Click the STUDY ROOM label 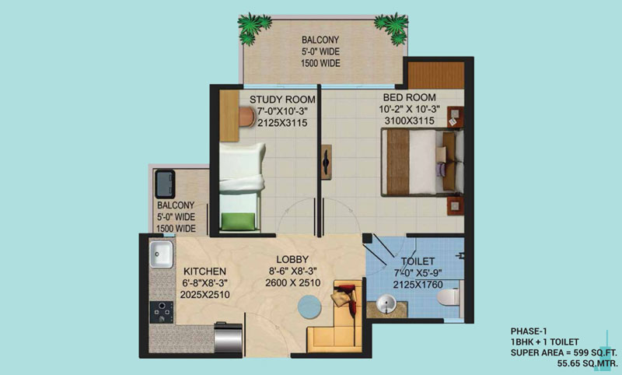coord(282,100)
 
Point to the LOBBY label coord(292,258)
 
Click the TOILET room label coord(418,261)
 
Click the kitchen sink coord(162,253)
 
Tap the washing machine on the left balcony coord(165,183)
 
